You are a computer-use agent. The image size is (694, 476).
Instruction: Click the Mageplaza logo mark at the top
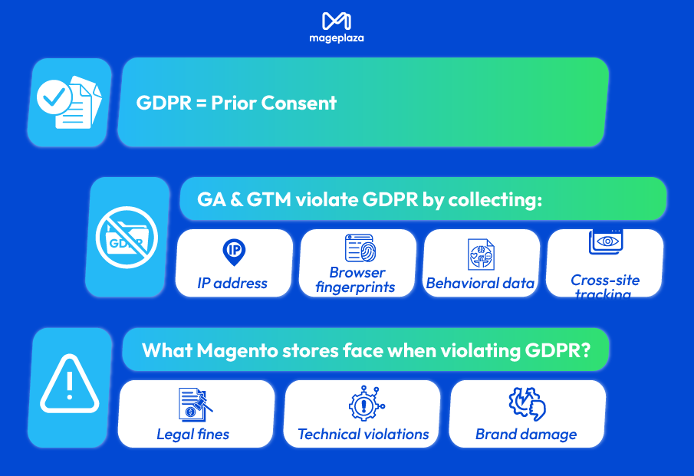pyautogui.click(x=337, y=21)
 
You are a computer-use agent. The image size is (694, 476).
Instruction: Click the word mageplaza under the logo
pyautogui.click(x=337, y=38)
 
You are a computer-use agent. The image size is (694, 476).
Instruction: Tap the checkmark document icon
pyautogui.click(x=70, y=102)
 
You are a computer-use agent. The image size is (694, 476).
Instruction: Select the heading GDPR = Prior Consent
pyautogui.click(x=236, y=103)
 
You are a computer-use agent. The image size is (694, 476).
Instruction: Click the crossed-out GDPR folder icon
pyautogui.click(x=127, y=237)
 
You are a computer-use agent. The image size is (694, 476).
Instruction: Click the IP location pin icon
pyautogui.click(x=233, y=251)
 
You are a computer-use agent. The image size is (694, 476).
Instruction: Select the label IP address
pyautogui.click(x=232, y=283)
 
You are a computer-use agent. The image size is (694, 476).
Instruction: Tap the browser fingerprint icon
pyautogui.click(x=358, y=248)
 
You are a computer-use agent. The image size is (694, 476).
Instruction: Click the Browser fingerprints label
pyautogui.click(x=357, y=280)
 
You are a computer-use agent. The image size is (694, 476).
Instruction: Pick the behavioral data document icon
pyautogui.click(x=481, y=254)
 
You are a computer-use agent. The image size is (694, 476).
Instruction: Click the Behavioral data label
pyautogui.click(x=480, y=283)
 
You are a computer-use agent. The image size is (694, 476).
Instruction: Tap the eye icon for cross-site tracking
pyautogui.click(x=606, y=241)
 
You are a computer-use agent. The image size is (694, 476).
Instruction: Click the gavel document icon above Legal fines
pyautogui.click(x=195, y=404)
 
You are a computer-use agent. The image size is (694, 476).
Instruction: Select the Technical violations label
pyautogui.click(x=363, y=434)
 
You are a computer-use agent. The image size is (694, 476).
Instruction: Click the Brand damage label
pyautogui.click(x=526, y=434)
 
